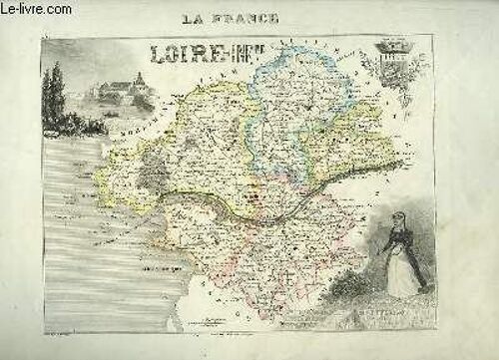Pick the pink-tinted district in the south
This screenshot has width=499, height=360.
[289, 249]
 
